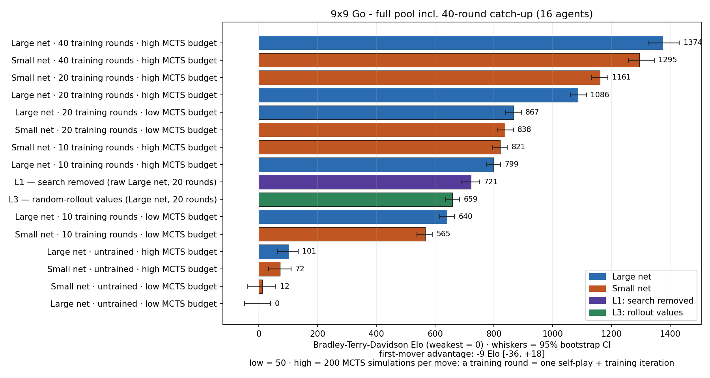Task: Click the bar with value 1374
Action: pos(461,43)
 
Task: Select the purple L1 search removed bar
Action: pos(365,182)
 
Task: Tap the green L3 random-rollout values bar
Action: pos(356,199)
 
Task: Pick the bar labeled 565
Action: pos(342,234)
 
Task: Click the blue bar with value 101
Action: pos(274,252)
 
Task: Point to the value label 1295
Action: pos(667,60)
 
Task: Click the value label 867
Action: pos(532,112)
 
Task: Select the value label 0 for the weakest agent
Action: pos(277,304)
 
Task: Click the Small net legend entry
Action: pos(631,289)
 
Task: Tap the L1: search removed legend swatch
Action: pos(597,301)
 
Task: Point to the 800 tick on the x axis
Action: pos(493,334)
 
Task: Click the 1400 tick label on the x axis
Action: pos(670,334)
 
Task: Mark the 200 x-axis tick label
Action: pos(318,334)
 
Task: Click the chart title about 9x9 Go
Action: pos(461,14)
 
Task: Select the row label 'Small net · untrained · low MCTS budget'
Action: pos(134,287)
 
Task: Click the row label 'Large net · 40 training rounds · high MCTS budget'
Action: pos(114,43)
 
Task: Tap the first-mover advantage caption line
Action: pos(461,354)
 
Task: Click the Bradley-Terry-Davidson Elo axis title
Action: pos(461,345)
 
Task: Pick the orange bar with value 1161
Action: pos(429,78)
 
